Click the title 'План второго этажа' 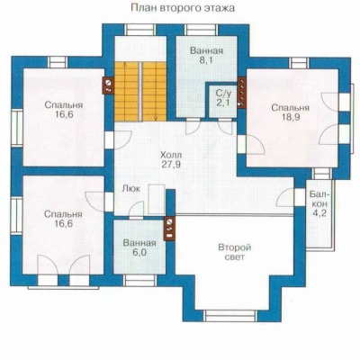183,8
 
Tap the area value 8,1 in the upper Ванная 206,60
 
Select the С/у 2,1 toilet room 222,100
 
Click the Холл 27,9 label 171,160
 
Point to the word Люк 131,189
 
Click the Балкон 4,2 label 319,203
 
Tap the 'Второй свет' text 234,253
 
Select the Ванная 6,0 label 139,247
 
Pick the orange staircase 140,92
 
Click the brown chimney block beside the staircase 108,85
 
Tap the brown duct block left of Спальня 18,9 241,92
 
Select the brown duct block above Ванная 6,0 169,229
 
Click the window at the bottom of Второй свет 230,316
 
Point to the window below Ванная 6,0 139,281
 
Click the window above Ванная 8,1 202,30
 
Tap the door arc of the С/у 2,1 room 226,127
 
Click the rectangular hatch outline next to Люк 157,199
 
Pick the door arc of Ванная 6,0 136,209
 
